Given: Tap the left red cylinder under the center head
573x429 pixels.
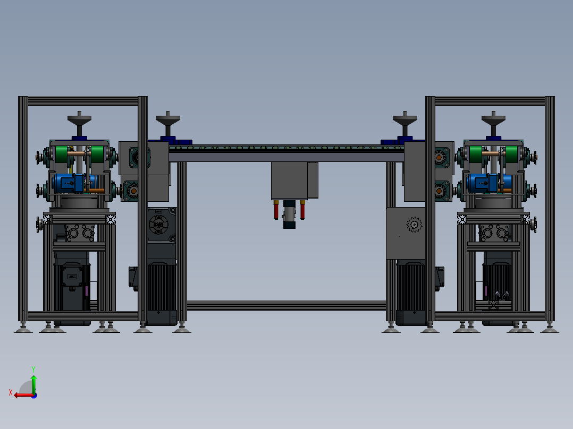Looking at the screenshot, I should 276,211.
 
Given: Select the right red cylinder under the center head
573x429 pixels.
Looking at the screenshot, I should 302,211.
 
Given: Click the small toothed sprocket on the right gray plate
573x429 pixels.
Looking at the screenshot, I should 413,225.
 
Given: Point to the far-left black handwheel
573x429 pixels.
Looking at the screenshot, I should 79,118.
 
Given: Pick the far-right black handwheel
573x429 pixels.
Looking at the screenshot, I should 494,118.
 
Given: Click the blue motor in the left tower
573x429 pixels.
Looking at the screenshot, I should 72,183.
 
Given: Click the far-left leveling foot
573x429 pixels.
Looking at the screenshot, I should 23,330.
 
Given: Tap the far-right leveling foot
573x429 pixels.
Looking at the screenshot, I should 550,330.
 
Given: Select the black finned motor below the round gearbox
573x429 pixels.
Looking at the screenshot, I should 162,289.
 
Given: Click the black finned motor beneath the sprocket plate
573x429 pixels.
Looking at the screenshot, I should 411,289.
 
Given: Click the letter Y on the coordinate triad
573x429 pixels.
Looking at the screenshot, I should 33,368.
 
